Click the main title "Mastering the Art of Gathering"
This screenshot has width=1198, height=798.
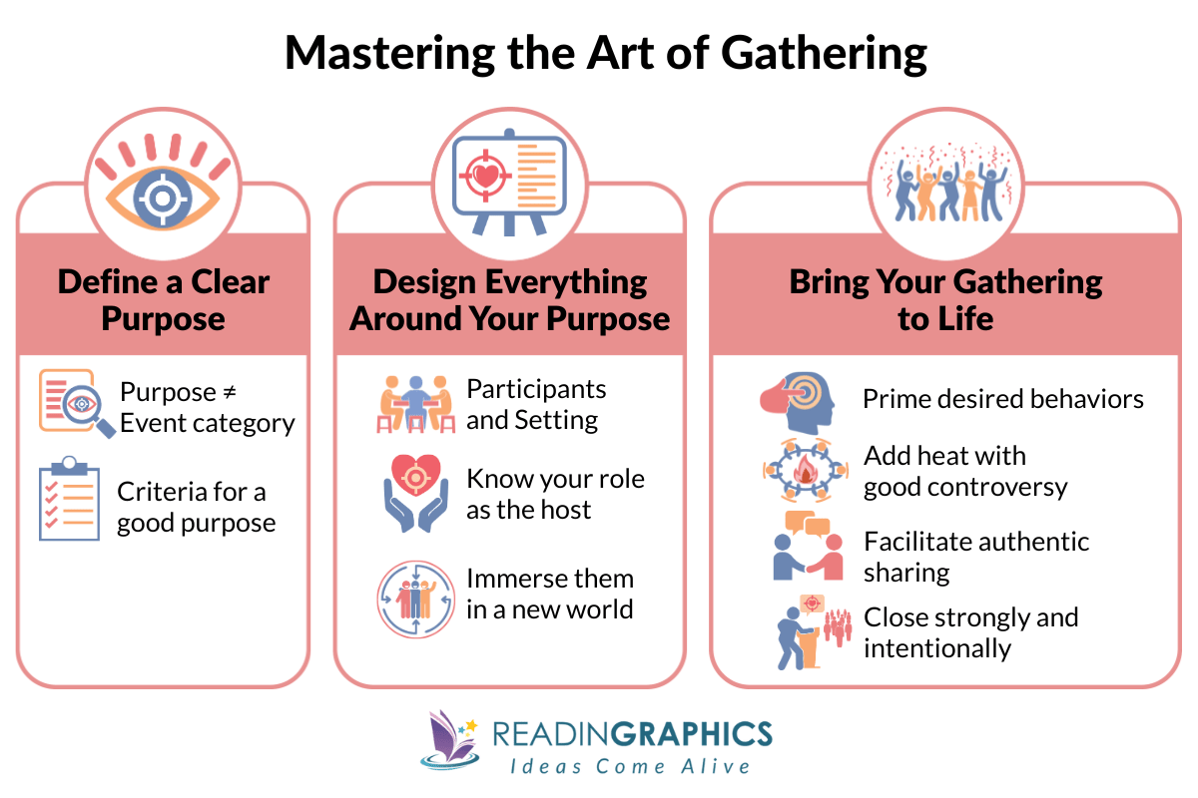click(605, 54)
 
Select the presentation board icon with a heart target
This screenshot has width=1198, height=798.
click(508, 180)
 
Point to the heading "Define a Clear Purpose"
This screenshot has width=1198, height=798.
click(163, 299)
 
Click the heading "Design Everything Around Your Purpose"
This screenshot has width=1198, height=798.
click(509, 299)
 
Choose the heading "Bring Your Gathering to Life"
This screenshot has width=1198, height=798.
click(944, 299)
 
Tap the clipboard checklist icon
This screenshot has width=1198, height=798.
click(69, 499)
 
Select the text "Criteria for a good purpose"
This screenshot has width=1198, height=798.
click(196, 507)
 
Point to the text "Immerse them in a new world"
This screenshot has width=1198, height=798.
click(549, 594)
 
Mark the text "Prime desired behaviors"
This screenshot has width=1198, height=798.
click(1002, 400)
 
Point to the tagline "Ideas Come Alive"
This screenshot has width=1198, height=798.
click(629, 766)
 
